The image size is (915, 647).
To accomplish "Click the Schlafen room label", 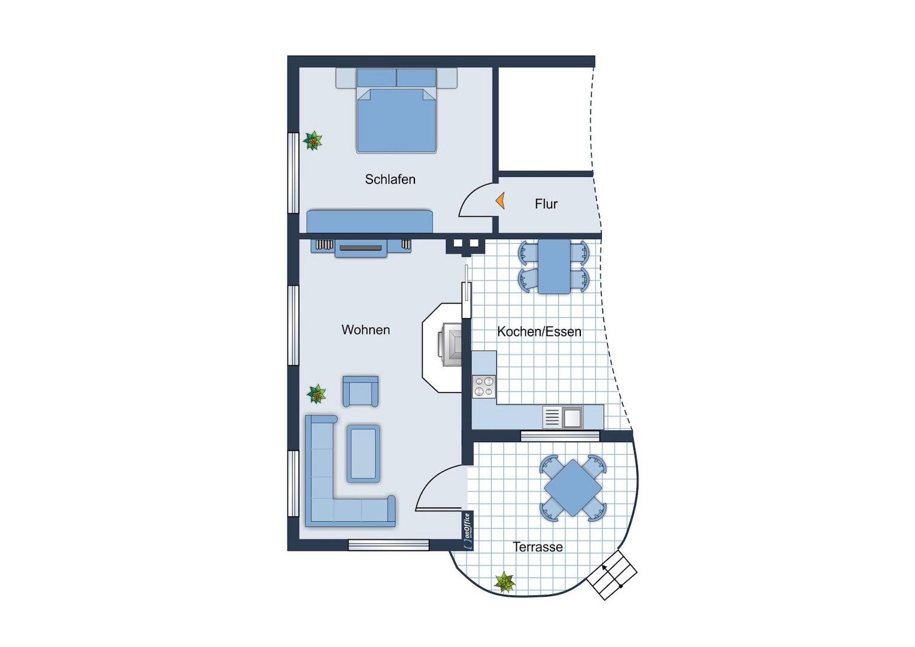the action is click(390, 180).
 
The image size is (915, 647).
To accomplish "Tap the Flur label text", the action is click(546, 204).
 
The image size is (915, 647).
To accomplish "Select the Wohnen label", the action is click(366, 329).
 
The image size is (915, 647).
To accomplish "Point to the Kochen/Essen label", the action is click(539, 331).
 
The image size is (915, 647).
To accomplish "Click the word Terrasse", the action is click(538, 547).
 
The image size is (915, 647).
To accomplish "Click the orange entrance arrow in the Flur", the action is click(501, 201).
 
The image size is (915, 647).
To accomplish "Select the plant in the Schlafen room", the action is click(313, 141).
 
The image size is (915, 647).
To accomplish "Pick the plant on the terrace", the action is click(504, 582).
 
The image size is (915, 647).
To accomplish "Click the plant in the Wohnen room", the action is click(317, 394).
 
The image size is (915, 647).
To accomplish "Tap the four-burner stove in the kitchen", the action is click(484, 386).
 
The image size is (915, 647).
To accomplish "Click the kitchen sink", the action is click(563, 418).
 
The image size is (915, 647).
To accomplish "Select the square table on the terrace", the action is click(573, 488).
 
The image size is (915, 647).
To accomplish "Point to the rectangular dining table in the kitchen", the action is click(554, 267).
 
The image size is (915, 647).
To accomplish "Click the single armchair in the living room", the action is click(360, 391).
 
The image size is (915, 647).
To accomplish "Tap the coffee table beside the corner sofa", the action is click(363, 453).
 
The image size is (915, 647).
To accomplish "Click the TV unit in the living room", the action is click(360, 248).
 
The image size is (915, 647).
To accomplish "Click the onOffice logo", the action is click(468, 531).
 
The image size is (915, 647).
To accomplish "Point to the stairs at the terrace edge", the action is click(611, 575).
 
